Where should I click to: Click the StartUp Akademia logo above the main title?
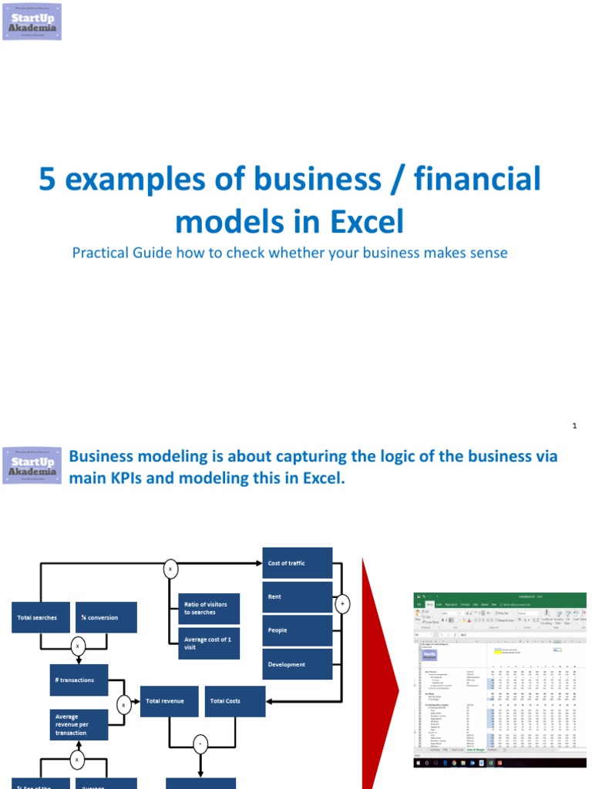point(32,22)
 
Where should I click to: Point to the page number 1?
point(575,425)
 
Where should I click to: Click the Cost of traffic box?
point(298,563)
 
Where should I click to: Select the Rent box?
point(298,597)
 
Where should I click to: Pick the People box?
point(298,630)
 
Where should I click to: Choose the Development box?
point(298,664)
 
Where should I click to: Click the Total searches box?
point(40,618)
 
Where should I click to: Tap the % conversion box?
point(107,618)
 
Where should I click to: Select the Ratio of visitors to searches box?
point(208,608)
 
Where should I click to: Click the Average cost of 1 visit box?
point(208,643)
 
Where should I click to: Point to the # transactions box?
point(79,680)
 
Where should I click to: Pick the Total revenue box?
point(169,701)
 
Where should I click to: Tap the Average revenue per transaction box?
point(79,724)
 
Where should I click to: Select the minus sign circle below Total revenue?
point(200,745)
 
